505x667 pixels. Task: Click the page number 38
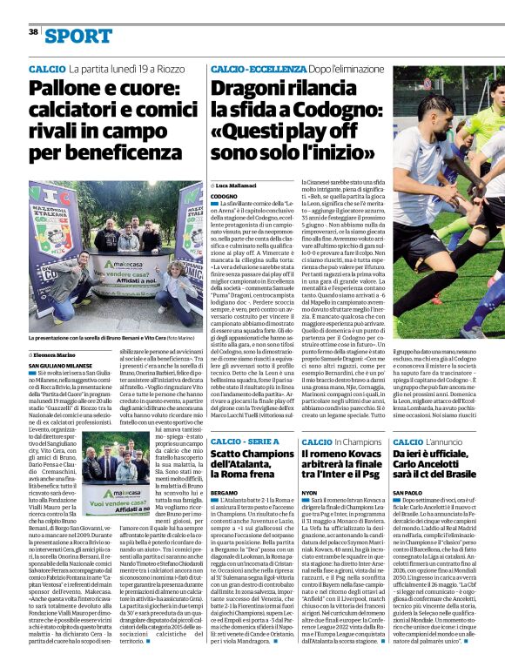point(33,31)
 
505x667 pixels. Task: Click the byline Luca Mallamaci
point(240,185)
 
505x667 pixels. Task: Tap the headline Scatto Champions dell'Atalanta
point(250,467)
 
